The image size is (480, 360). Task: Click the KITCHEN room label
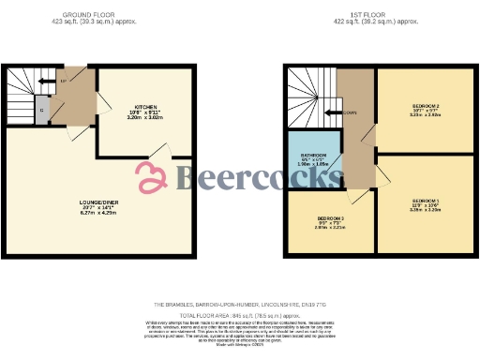pyautogui.click(x=144, y=107)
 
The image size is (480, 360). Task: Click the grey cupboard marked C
pyautogui.click(x=42, y=109)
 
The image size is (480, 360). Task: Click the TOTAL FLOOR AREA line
pyautogui.click(x=240, y=316)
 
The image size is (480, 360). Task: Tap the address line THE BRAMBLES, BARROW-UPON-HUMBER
pyautogui.click(x=240, y=306)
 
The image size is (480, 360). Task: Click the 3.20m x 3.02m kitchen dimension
pyautogui.click(x=144, y=119)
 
